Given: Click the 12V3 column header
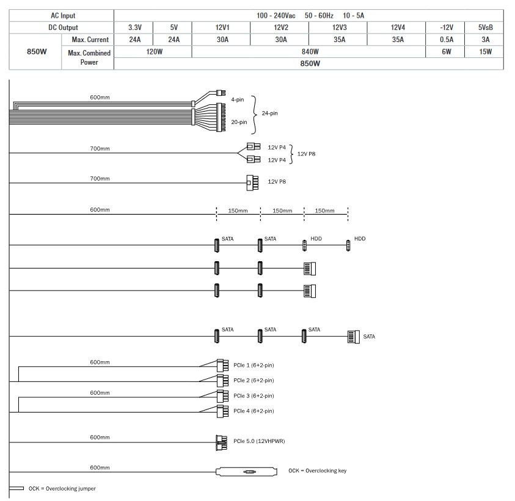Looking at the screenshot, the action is pyautogui.click(x=339, y=27).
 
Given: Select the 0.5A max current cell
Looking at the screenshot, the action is pyautogui.click(x=447, y=40).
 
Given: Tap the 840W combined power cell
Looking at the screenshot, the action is pyautogui.click(x=310, y=51).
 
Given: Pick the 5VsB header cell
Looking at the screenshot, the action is pyautogui.click(x=485, y=27).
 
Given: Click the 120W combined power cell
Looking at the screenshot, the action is pyautogui.click(x=154, y=51).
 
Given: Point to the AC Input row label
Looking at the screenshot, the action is pyautogui.click(x=63, y=15).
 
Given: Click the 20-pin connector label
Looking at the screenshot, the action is pyautogui.click(x=239, y=122).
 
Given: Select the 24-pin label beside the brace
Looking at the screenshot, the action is pyautogui.click(x=269, y=113).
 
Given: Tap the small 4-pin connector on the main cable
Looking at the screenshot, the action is pyautogui.click(x=221, y=93).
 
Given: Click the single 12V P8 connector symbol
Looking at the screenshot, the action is pyautogui.click(x=252, y=182).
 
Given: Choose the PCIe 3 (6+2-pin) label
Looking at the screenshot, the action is pyautogui.click(x=254, y=395).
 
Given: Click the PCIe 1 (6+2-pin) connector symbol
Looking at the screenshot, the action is pyautogui.click(x=223, y=365).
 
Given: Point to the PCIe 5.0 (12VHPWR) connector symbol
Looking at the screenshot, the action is pyautogui.click(x=221, y=442).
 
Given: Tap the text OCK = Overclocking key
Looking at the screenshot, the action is pyautogui.click(x=317, y=470).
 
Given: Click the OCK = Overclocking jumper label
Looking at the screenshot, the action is pyautogui.click(x=62, y=489).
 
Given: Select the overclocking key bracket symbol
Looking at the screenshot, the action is pyautogui.click(x=246, y=472).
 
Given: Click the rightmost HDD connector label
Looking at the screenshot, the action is pyautogui.click(x=360, y=239).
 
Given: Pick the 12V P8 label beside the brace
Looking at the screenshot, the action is pyautogui.click(x=306, y=154).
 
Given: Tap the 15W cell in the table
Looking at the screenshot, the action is pyautogui.click(x=485, y=51).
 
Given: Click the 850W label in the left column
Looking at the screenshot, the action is pyautogui.click(x=37, y=51).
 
